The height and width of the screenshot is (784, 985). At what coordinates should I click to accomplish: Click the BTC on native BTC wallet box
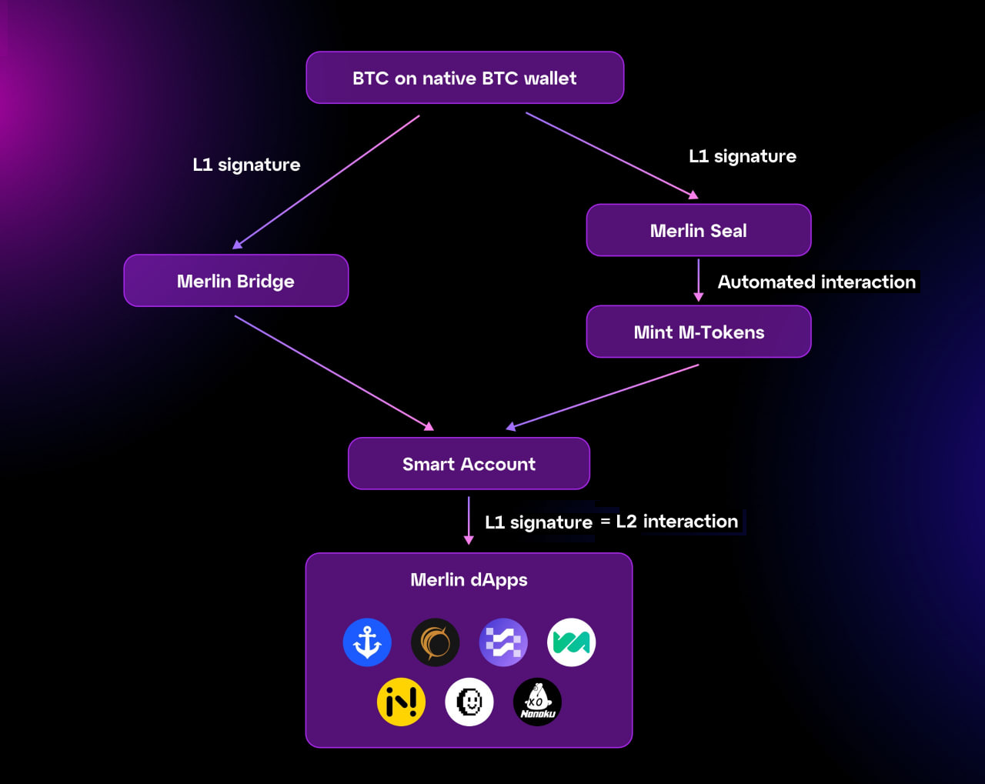[x=465, y=78]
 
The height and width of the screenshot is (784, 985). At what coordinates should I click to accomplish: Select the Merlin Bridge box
[x=236, y=281]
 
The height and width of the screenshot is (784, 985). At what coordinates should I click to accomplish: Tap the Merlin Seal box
[x=699, y=230]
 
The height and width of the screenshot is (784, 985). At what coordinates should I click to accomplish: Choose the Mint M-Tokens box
[x=699, y=332]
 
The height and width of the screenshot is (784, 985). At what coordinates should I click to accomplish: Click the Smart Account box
[x=469, y=464]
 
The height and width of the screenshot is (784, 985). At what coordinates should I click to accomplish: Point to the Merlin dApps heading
[x=469, y=580]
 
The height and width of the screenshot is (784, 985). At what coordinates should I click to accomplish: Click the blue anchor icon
[x=367, y=642]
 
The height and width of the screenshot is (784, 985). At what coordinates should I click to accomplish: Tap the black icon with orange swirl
[x=436, y=642]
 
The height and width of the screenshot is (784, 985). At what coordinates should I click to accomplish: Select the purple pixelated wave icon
[x=503, y=642]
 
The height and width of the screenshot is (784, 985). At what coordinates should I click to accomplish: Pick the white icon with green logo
[x=571, y=642]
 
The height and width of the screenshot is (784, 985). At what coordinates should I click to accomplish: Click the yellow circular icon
[x=401, y=702]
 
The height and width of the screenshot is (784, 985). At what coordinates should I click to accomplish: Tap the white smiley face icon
[x=469, y=702]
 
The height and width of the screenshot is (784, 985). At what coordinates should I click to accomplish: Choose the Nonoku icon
[x=537, y=702]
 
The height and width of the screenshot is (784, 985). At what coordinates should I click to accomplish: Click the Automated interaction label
[x=817, y=282]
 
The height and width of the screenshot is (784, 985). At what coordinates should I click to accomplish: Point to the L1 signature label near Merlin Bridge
[x=246, y=165]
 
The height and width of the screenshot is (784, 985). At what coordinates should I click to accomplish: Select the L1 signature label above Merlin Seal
[x=743, y=156]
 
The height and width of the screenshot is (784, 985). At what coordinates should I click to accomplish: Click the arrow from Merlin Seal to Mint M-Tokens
[x=699, y=280]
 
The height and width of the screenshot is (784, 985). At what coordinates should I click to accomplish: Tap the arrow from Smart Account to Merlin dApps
[x=469, y=520]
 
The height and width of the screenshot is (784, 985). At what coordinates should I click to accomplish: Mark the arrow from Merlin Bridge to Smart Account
[x=334, y=373]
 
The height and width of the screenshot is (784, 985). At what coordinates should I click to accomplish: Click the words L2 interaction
[x=677, y=522]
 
